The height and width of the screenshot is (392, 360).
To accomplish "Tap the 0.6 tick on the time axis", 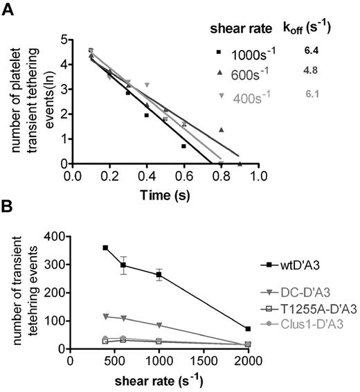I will (x=183, y=176).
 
